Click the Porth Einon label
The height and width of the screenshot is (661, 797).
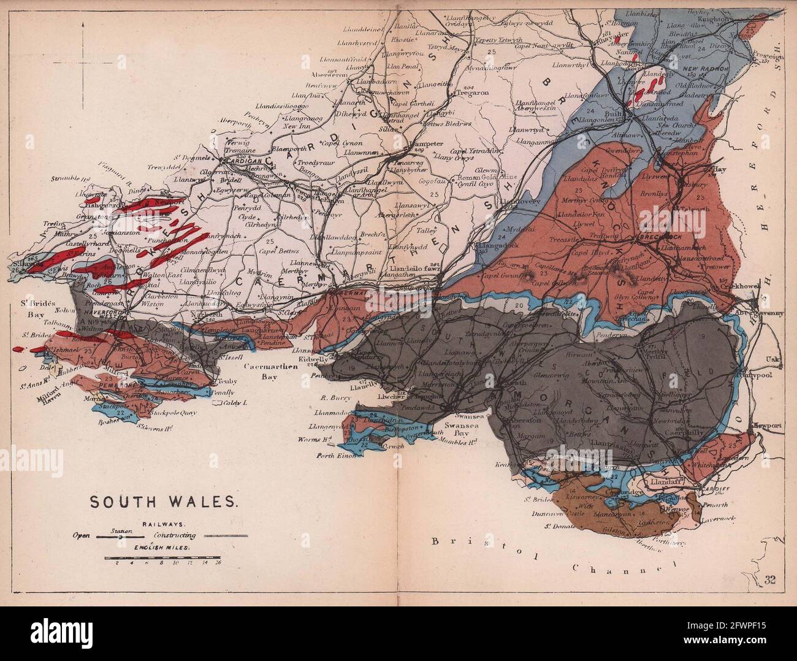pos(335,456)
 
